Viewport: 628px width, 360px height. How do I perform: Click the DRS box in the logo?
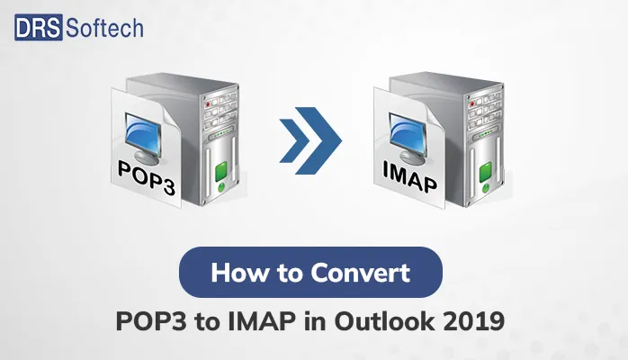pos(38,27)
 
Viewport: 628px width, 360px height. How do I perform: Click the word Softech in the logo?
pos(103,27)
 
